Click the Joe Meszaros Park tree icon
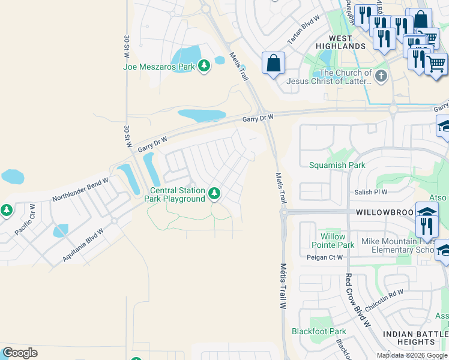[204, 66]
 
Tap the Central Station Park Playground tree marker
[215, 194]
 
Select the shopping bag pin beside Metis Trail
[273, 63]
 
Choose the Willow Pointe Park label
[333, 241]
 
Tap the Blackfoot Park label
[319, 331]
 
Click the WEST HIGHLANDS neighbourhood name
[341, 42]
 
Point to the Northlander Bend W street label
[80, 189]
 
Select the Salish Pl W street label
[370, 192]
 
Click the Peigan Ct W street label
[325, 257]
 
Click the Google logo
[20, 353]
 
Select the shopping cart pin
[436, 63]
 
